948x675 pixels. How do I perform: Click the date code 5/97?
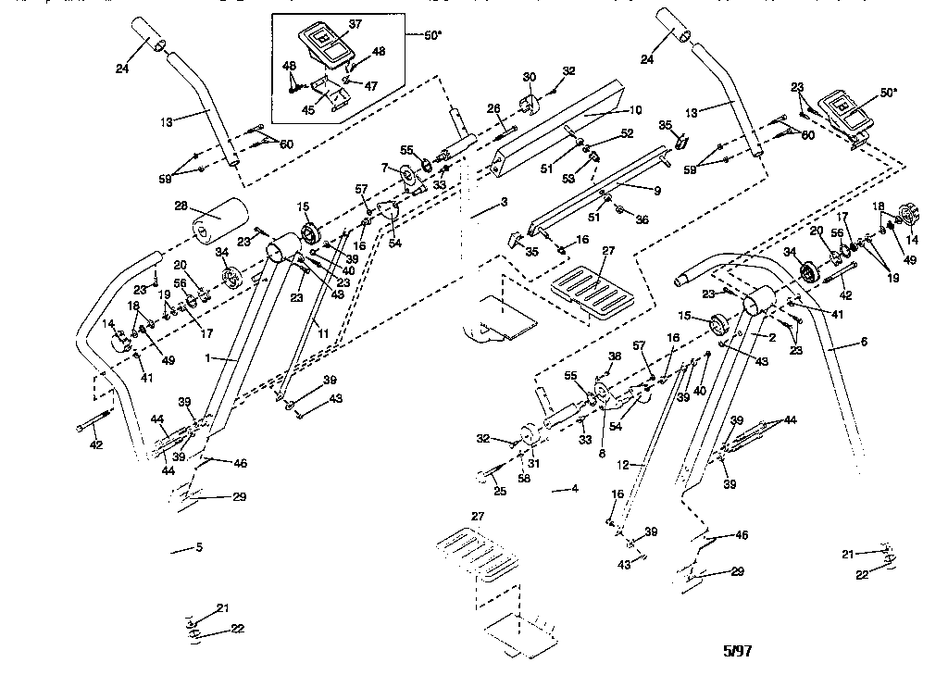pos(737,651)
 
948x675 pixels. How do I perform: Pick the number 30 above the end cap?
pos(530,76)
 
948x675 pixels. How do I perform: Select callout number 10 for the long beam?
pos(635,109)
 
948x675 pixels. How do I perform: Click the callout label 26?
pos(493,107)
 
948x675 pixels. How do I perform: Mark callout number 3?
pos(504,201)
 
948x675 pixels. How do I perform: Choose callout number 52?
pos(628,133)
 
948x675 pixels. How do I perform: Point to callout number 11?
pos(323,331)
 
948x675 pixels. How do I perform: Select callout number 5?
pos(198,547)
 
